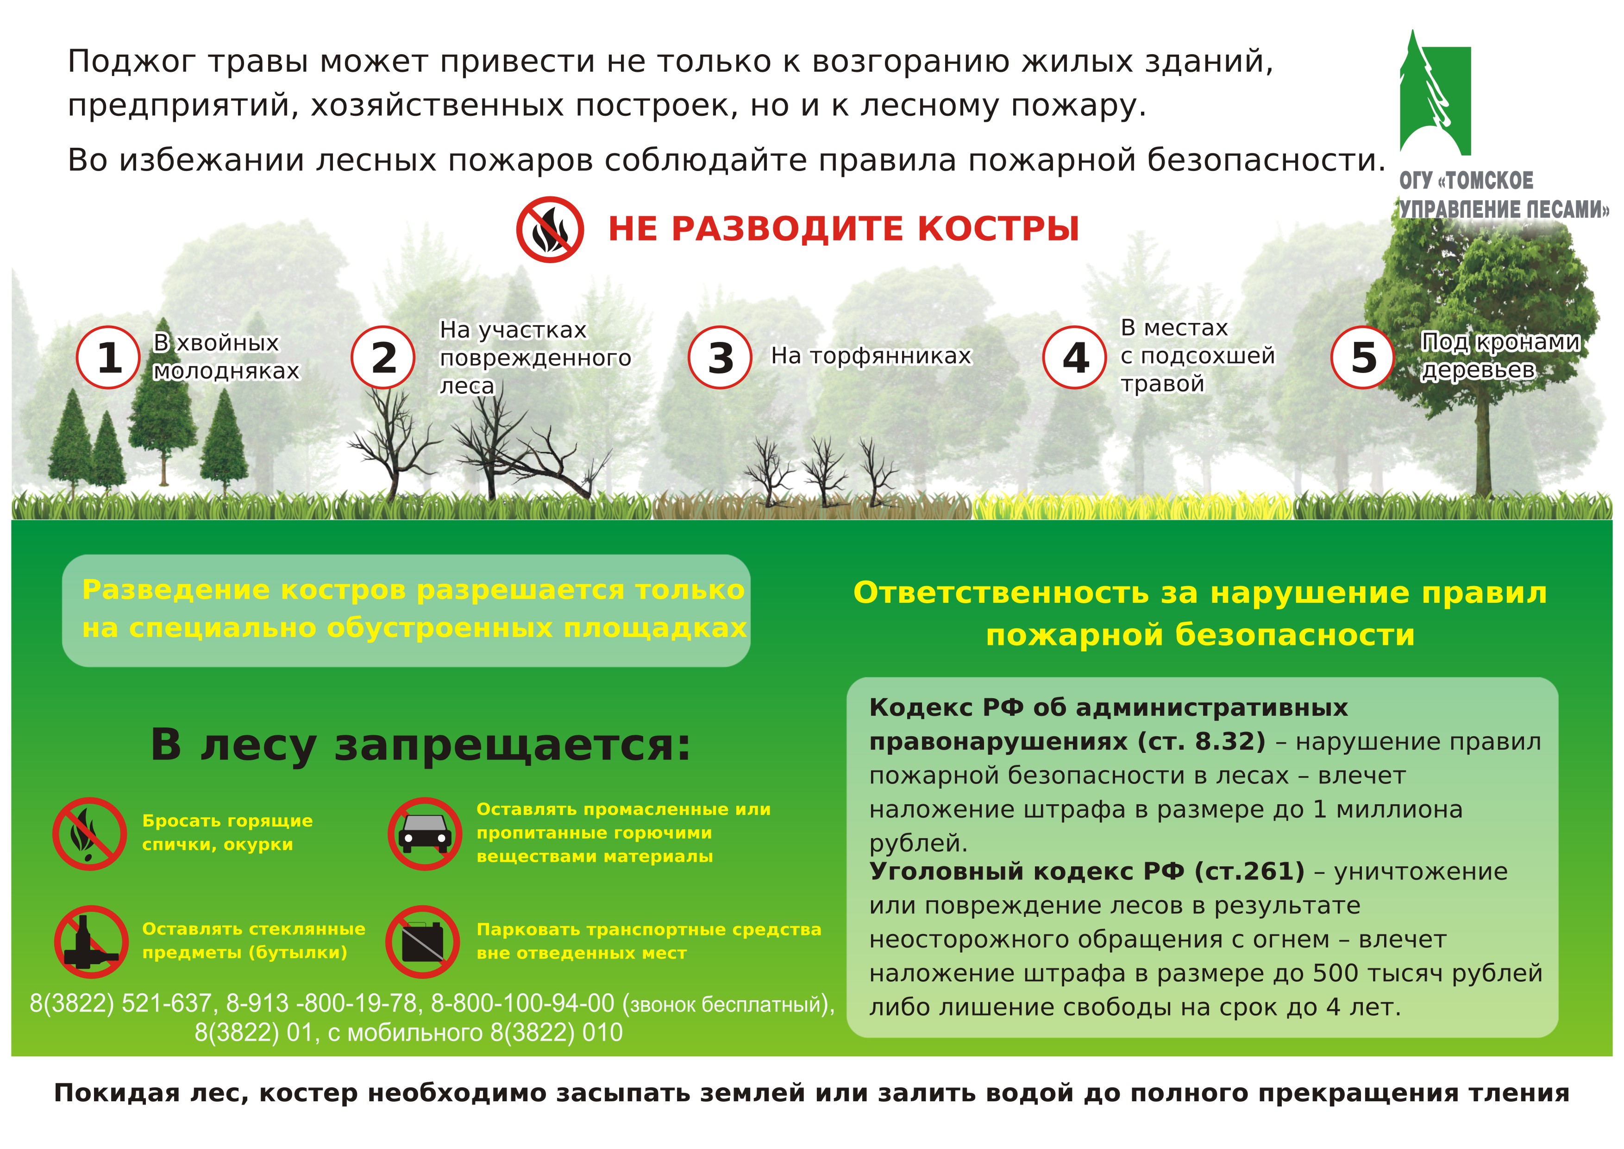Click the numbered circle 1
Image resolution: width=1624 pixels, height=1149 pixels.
(108, 357)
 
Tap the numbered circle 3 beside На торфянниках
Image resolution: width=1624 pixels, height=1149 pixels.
(720, 357)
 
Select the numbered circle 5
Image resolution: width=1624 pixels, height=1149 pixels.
(1363, 357)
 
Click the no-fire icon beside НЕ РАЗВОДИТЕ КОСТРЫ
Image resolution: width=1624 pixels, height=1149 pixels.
(550, 230)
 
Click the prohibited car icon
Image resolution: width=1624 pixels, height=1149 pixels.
(424, 833)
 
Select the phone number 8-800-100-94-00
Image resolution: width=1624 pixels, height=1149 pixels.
(523, 1003)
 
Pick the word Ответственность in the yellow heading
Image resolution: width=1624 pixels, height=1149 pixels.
(1002, 593)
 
